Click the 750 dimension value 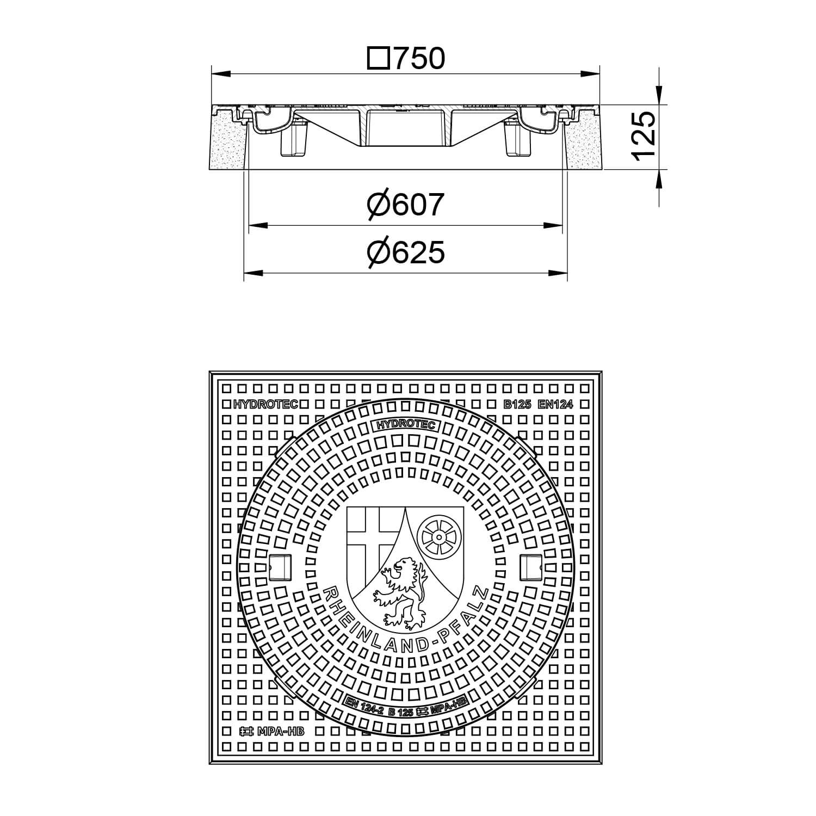419,59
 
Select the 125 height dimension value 645,136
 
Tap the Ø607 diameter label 405,205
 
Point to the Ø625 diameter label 405,252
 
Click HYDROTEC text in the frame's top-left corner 266,404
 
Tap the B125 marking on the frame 516,404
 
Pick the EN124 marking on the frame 555,404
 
